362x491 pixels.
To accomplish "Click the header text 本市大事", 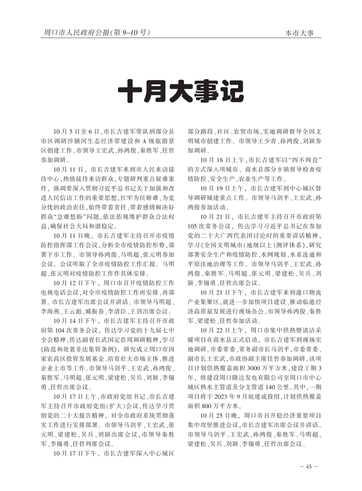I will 299,33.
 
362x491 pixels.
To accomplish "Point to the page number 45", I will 308,466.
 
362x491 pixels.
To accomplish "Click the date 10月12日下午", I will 75,283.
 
